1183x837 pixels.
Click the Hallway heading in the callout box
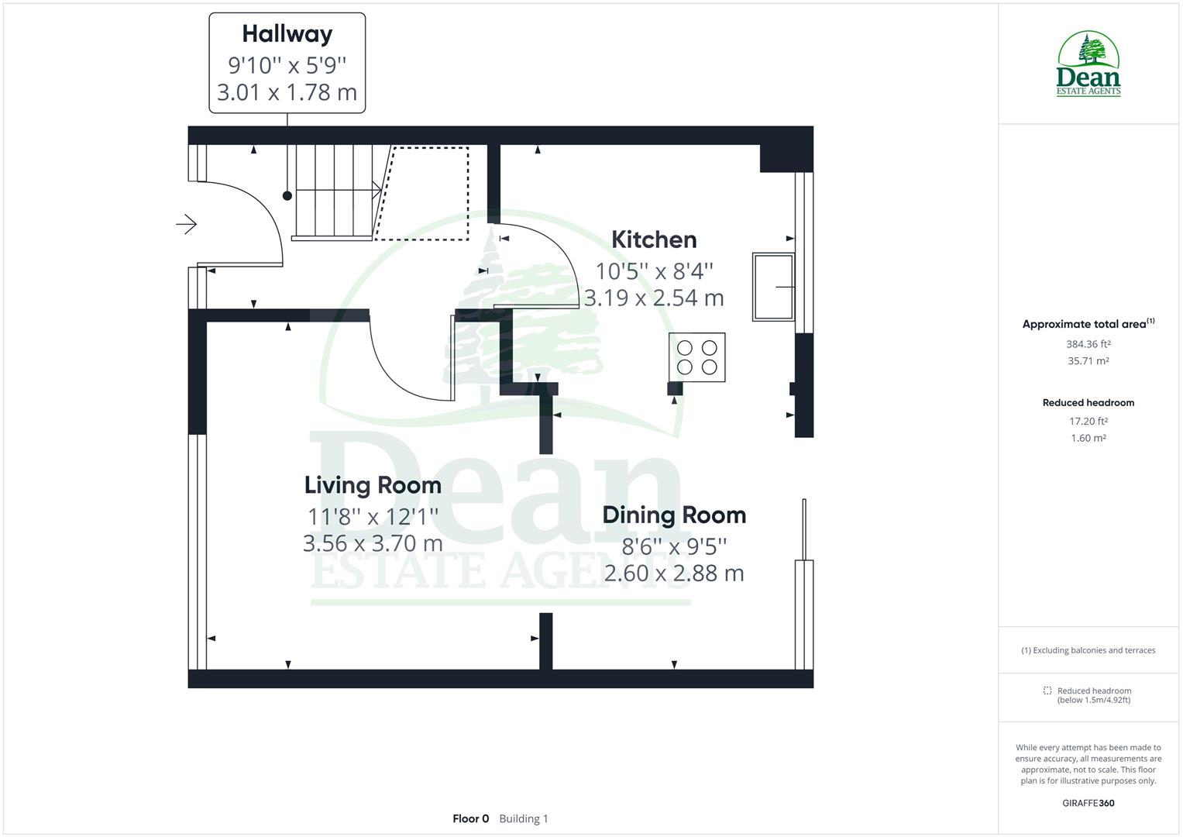[287, 34]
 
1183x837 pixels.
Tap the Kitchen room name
[654, 239]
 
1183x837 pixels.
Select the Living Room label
[373, 485]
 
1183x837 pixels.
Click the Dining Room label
[674, 515]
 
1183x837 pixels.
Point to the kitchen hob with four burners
[697, 357]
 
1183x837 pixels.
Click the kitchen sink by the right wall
[772, 287]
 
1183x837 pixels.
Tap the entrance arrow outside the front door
[186, 225]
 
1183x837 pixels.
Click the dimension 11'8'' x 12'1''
[373, 516]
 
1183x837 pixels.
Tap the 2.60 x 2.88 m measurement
[674, 573]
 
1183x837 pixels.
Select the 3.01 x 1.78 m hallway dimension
[287, 93]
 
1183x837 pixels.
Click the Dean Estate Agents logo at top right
[1088, 64]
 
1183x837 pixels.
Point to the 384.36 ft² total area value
[1088, 344]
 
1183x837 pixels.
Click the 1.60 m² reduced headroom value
[1088, 438]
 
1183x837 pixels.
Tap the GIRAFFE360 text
[1088, 803]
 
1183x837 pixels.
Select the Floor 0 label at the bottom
[471, 818]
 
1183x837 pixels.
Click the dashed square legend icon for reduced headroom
[1047, 691]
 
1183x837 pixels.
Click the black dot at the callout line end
[287, 196]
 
